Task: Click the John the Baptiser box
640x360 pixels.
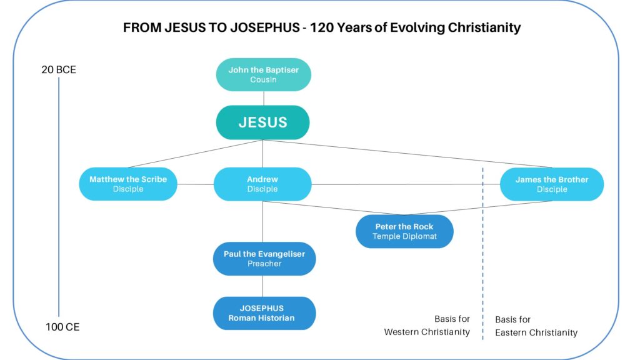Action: pos(263,75)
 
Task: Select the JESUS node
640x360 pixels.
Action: pos(262,122)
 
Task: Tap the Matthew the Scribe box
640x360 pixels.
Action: pos(128,184)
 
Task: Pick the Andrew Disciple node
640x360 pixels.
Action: pos(262,184)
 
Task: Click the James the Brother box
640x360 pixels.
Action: pos(551,184)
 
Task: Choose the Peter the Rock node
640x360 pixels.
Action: pos(404,231)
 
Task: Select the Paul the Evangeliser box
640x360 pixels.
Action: pos(264,259)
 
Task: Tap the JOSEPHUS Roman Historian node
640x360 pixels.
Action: pos(264,313)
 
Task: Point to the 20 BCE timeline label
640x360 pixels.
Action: pos(59,70)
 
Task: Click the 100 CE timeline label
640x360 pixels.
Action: pos(62,327)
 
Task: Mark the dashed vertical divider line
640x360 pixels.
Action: pos(482,250)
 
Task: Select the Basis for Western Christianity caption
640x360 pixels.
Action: pos(427,326)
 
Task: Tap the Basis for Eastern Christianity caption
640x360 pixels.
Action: pos(536,326)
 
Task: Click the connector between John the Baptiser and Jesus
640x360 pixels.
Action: pos(263,98)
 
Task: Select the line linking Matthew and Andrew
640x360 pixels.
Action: pos(195,184)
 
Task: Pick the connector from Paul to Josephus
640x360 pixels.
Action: pos(263,286)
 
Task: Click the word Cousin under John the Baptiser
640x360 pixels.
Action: pos(263,80)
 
